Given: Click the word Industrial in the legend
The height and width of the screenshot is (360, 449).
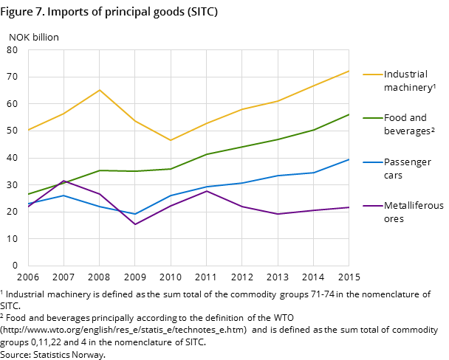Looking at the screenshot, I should [x=405, y=75].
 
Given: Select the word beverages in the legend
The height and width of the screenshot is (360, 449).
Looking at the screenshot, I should [x=407, y=131].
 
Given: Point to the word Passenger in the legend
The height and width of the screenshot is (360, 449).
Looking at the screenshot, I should [x=408, y=162].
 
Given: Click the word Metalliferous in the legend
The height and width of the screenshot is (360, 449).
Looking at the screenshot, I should [x=414, y=206].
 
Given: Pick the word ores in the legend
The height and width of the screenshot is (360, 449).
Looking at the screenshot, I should [x=394, y=219].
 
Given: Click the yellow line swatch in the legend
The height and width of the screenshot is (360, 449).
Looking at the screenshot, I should [x=371, y=75].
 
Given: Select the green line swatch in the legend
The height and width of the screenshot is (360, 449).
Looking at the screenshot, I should [x=371, y=118].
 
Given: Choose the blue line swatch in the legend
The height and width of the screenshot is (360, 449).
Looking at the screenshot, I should [x=371, y=162].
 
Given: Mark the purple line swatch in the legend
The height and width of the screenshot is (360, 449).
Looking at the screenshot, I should [x=371, y=206].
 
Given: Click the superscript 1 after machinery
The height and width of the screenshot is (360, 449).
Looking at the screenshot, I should [x=434, y=86].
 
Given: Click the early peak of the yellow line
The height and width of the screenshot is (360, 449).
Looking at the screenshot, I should [x=100, y=90].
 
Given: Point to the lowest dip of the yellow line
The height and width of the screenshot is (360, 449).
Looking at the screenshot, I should [x=171, y=140].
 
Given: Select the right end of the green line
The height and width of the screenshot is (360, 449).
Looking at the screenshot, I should [x=349, y=114].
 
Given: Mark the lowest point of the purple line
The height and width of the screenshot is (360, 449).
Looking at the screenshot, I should [x=135, y=224].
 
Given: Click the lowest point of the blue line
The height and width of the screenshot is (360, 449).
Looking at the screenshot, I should [x=135, y=214].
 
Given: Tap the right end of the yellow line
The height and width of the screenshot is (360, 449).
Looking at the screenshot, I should [x=349, y=71].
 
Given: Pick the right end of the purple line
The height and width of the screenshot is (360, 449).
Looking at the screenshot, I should [x=349, y=207].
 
